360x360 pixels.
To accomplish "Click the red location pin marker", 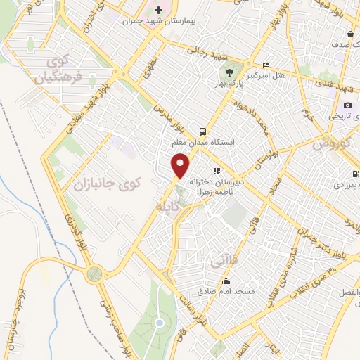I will (x=181, y=165).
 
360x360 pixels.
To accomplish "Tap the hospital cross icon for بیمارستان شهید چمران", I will (x=158, y=11).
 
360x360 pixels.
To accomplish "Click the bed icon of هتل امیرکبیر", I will (x=266, y=63).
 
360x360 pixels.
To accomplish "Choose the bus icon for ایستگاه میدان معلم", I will (x=203, y=131).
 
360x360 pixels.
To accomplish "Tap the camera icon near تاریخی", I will (x=347, y=105).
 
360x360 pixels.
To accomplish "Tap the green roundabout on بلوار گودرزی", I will (x=95, y=273).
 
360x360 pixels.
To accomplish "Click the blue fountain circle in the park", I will (x=160, y=323).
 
